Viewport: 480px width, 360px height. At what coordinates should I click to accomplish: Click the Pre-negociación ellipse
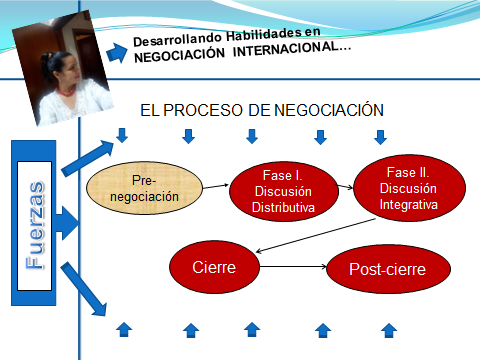click(x=144, y=188)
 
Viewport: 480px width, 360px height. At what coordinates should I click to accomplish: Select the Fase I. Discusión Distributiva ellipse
click(x=284, y=191)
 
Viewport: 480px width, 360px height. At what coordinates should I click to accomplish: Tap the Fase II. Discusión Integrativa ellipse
click(x=409, y=188)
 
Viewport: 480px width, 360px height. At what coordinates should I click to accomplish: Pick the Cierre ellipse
click(x=214, y=267)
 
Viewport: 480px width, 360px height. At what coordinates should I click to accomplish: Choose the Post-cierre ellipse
click(x=388, y=269)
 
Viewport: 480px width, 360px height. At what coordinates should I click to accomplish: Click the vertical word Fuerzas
click(x=35, y=225)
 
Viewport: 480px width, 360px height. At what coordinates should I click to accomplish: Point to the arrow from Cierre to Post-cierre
click(x=293, y=266)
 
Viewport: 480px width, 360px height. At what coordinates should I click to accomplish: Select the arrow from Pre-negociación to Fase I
click(x=216, y=186)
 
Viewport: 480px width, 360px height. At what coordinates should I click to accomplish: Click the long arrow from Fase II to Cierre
click(x=315, y=236)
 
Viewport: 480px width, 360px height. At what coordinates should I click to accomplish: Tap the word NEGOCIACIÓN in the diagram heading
click(x=329, y=110)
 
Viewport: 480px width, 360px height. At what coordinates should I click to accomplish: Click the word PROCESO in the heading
click(x=203, y=110)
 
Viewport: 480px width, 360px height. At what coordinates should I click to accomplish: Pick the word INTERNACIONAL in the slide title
click(x=292, y=49)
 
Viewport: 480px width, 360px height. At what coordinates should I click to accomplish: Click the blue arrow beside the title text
click(x=117, y=53)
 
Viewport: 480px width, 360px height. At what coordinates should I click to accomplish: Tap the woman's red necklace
click(x=66, y=91)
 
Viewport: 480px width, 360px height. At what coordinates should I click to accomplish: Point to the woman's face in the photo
click(x=70, y=71)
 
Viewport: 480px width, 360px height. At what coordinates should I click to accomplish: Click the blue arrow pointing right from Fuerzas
click(x=67, y=223)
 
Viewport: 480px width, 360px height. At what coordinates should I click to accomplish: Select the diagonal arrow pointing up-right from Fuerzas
click(x=88, y=158)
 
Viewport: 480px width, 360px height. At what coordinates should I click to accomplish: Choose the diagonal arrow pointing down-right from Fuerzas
click(x=84, y=289)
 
